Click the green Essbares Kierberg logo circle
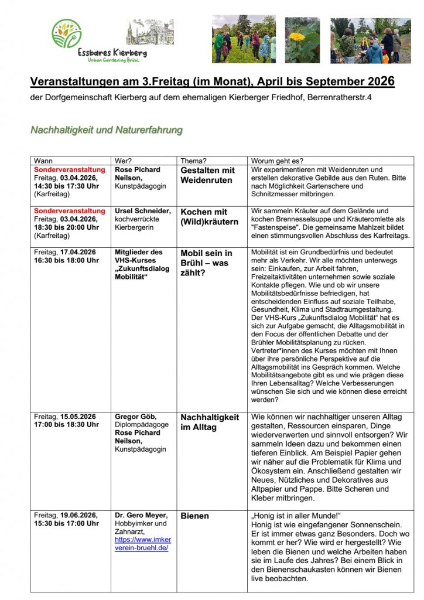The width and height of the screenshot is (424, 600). click(67, 34)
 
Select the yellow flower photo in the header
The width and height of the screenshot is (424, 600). click(302, 40)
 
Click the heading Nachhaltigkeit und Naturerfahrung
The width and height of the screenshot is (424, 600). click(106, 129)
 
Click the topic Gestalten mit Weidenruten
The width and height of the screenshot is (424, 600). click(207, 175)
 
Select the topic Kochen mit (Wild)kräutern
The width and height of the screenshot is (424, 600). click(209, 216)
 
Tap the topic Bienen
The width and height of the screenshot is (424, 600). click(194, 516)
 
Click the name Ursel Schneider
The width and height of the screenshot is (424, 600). click(143, 211)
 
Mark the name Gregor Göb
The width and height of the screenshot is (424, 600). click(136, 417)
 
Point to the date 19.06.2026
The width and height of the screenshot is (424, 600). click(78, 515)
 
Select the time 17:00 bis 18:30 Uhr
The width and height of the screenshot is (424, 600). click(66, 424)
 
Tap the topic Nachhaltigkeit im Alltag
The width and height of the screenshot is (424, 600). click(209, 422)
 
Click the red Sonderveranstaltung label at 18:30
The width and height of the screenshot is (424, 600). click(70, 211)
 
